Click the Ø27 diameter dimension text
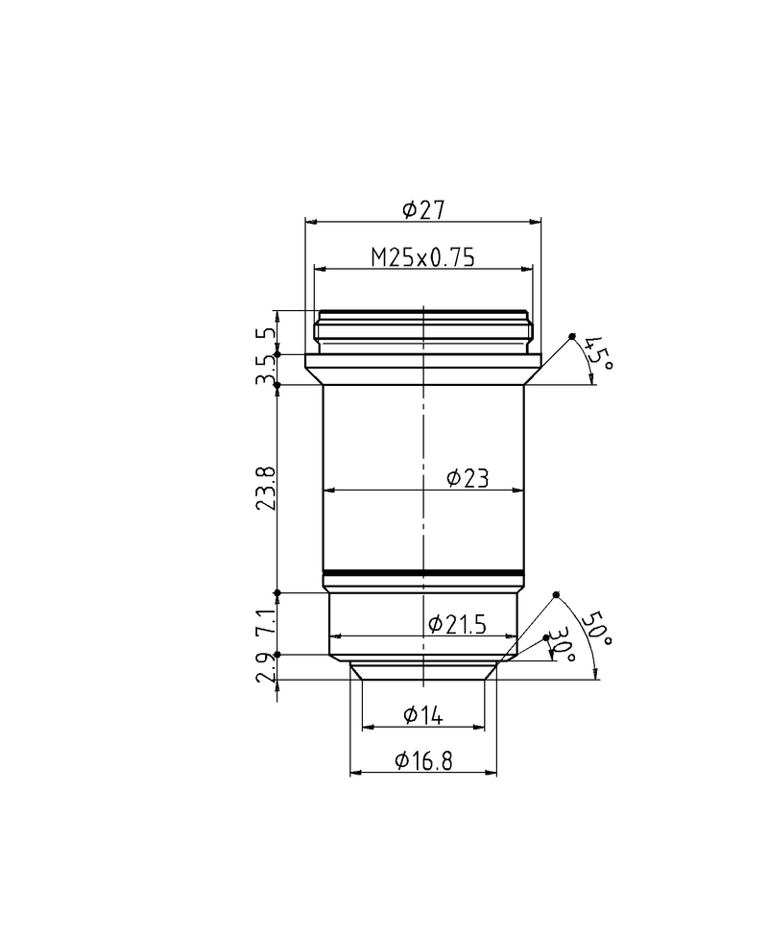[x=422, y=208]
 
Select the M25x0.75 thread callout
[x=423, y=256]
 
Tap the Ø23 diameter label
[x=468, y=479]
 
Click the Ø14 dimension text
[x=422, y=714]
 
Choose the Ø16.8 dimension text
[x=423, y=761]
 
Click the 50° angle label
[x=602, y=628]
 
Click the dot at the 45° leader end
[x=572, y=336]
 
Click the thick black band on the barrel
[x=423, y=574]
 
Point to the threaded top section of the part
[x=423, y=329]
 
